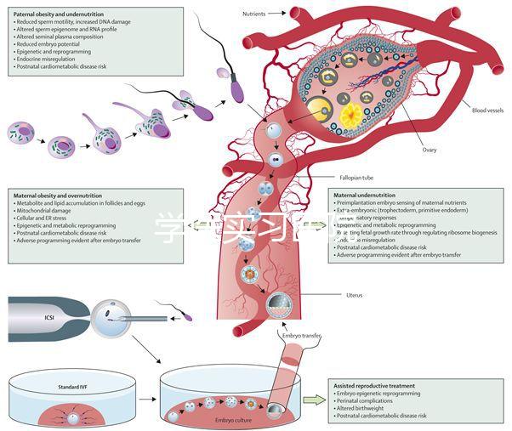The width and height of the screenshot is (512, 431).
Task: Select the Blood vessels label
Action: point(487,111)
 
